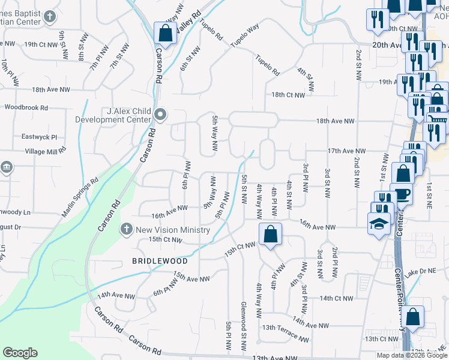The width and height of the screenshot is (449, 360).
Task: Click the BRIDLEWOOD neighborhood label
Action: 160,261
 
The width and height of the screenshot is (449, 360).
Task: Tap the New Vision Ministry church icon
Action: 126,229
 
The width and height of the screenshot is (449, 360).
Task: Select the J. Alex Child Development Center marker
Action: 160,114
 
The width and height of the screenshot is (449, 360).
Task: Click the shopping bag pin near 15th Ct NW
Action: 271,234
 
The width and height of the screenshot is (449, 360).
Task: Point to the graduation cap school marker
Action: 378,224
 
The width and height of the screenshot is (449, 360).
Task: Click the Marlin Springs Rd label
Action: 79,197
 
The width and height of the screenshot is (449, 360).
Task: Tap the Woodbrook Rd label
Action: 25,107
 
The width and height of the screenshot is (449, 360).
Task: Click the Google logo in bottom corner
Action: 20,353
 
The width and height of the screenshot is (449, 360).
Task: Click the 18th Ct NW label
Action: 288,95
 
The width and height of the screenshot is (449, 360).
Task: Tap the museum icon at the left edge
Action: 6,167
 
